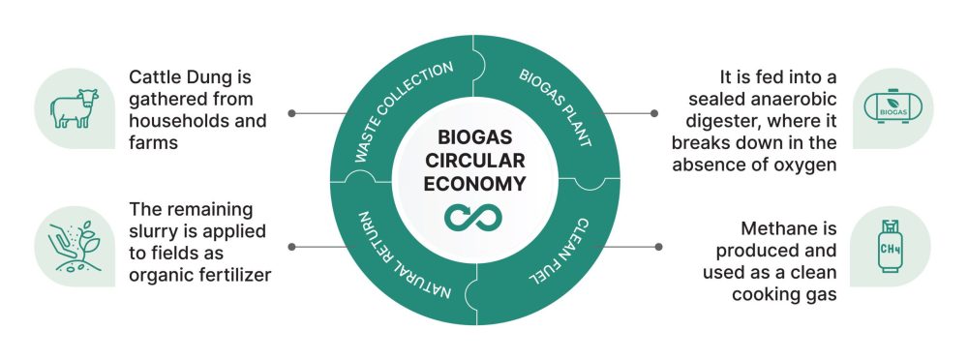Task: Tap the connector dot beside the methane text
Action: [658, 246]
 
